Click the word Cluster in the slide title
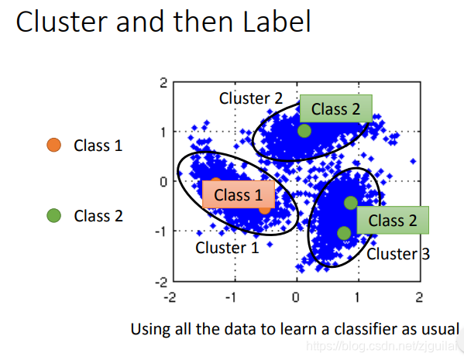[x=61, y=22]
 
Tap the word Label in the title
[x=277, y=21]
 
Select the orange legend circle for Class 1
[x=54, y=145]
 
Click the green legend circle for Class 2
[x=54, y=215]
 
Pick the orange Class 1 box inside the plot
[x=239, y=194]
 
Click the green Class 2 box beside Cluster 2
[x=336, y=108]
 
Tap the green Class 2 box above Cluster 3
[x=393, y=220]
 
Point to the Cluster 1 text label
[x=227, y=248]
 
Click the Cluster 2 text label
[x=251, y=98]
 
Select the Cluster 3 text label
[x=398, y=254]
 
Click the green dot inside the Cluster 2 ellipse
[x=304, y=131]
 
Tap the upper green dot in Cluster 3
[x=351, y=203]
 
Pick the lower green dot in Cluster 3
[x=344, y=233]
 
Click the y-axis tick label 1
[x=163, y=132]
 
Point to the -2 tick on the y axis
[x=161, y=283]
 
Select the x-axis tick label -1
[x=231, y=297]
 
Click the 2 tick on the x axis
[x=419, y=297]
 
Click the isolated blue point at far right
[x=413, y=161]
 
